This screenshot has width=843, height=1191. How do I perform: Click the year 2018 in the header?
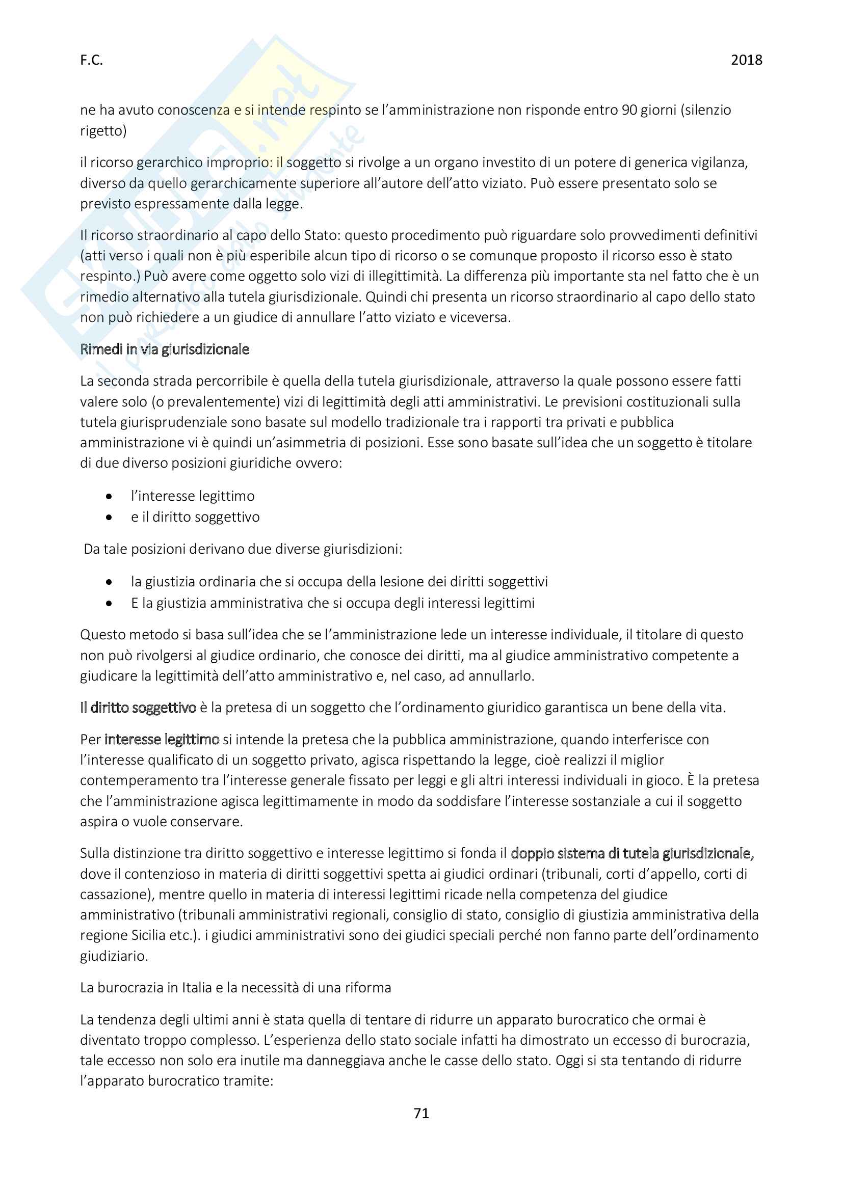point(746,60)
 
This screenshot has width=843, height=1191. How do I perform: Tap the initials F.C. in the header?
point(91,61)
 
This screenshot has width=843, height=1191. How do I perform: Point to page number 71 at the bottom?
point(421,1113)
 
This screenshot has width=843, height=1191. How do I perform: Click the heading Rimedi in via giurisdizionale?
point(165,349)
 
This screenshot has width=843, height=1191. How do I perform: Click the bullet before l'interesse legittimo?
point(109,497)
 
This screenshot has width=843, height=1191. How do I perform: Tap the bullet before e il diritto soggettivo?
point(109,517)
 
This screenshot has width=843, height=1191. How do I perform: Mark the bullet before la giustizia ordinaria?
point(109,582)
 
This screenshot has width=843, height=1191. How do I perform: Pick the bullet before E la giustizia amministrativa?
point(109,603)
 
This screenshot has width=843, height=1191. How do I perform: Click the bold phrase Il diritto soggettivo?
point(138,708)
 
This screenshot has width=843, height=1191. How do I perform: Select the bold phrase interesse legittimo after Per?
point(162,739)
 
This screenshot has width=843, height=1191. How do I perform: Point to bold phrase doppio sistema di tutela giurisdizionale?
point(632,853)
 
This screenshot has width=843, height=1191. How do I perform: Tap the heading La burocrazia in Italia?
point(235,988)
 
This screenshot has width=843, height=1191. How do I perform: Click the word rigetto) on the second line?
point(103,131)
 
